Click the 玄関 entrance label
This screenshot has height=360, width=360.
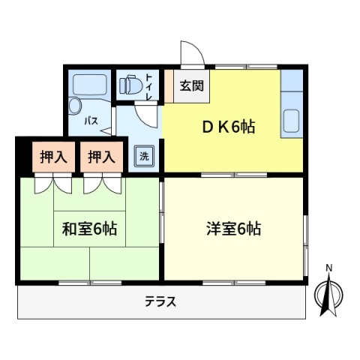click(192, 85)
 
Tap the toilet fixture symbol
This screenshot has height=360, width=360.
click(131, 85)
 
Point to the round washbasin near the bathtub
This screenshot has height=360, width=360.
click(75, 106)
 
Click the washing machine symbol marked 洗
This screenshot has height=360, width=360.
click(144, 157)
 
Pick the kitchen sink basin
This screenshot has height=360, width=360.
click(291, 121)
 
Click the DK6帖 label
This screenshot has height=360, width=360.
click(229, 127)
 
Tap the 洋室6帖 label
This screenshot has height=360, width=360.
click(234, 229)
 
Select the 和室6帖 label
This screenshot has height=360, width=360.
click(89, 229)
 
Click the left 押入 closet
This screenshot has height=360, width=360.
click(54, 157)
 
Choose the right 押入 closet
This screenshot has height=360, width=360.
click(101, 157)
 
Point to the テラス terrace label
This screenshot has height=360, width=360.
click(160, 301)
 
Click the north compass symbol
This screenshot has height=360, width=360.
click(328, 295)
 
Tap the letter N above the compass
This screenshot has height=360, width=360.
click(329, 268)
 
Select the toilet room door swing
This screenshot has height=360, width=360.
click(146, 116)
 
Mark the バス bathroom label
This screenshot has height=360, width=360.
click(91, 121)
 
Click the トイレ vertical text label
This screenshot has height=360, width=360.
click(149, 87)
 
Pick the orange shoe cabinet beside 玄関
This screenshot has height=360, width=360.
click(169, 86)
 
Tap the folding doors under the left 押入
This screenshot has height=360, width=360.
click(53, 184)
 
